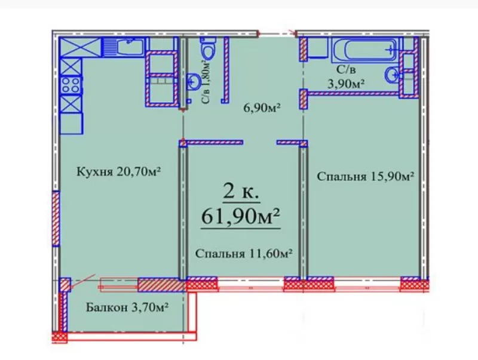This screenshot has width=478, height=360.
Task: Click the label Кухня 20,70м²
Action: coord(119,172)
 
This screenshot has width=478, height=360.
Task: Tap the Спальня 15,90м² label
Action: coord(366,176)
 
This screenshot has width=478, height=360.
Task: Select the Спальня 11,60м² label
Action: coord(244,254)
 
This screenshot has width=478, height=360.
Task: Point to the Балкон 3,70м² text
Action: coord(126,308)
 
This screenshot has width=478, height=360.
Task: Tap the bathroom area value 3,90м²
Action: coord(345,84)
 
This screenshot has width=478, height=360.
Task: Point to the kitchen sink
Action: coord(129,46)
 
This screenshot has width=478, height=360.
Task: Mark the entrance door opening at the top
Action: coord(278,32)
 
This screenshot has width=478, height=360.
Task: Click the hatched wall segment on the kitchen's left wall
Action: coord(56,218)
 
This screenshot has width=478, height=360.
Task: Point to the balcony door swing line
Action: coord(82,281)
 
